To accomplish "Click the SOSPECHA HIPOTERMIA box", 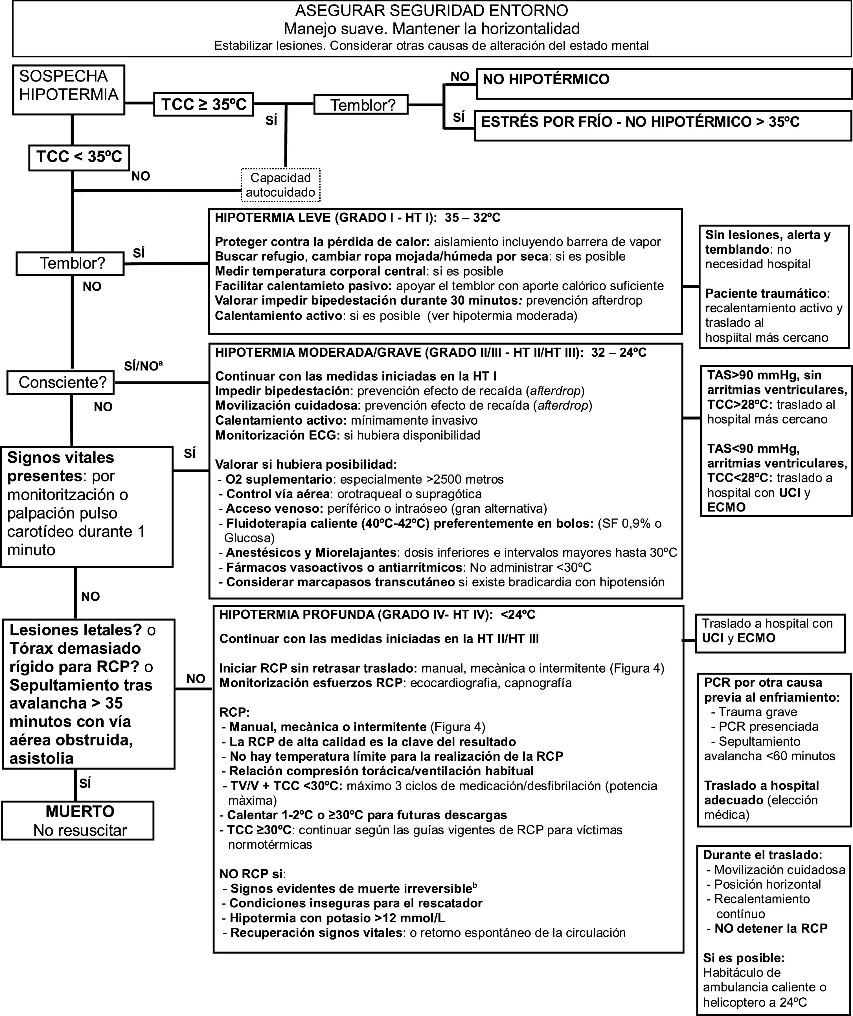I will [68, 90].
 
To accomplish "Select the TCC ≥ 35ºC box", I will [204, 104].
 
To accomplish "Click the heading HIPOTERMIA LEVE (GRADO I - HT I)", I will [357, 218].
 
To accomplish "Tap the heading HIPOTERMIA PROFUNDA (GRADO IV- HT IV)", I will [377, 615].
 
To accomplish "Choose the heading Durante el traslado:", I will [762, 855].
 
